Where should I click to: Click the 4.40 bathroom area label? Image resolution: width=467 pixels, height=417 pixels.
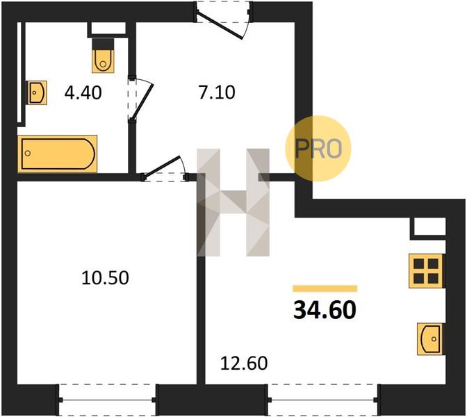point(83,92)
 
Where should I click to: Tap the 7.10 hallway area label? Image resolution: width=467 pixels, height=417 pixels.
point(217,92)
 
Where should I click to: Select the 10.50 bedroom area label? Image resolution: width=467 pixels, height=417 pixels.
point(105,278)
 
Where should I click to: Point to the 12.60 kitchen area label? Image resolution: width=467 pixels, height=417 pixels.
point(244,363)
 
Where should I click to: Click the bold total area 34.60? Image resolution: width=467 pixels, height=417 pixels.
point(325,310)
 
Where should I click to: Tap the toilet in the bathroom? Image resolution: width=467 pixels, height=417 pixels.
point(103,56)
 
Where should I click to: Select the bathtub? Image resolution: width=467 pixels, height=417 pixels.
point(58,154)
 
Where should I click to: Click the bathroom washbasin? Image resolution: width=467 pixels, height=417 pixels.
point(38,92)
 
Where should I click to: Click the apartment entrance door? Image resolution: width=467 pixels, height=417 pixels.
point(223,20)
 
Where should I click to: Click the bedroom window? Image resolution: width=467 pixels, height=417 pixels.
point(107,400)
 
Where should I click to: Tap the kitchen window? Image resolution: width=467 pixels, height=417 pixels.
point(323,400)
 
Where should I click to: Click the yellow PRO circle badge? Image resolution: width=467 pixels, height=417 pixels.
point(318,148)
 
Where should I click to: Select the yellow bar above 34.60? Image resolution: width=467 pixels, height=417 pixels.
point(325,288)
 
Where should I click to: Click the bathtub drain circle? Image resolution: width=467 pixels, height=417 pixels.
point(28,154)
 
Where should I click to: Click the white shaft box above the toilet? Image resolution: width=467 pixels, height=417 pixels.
point(108,28)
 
